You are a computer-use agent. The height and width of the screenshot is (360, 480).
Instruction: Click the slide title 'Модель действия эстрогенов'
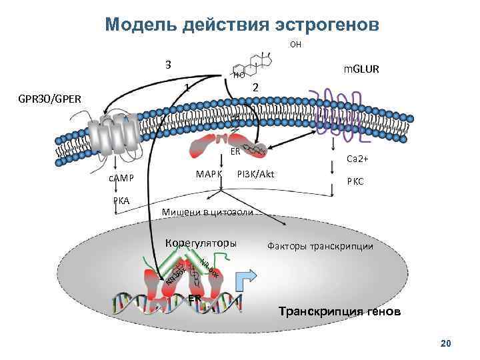(x=242, y=25)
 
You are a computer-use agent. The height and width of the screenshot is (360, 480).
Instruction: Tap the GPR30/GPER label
(x=50, y=99)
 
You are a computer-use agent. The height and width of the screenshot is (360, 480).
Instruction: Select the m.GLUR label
(x=361, y=69)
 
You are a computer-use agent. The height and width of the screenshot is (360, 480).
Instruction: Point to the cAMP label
(x=122, y=177)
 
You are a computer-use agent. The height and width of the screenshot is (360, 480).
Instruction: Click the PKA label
(x=121, y=200)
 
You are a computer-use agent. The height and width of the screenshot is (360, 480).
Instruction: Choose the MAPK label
(x=209, y=175)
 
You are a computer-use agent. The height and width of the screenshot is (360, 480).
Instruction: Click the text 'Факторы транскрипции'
(x=320, y=246)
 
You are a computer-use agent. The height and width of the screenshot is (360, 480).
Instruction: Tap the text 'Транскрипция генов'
(x=339, y=311)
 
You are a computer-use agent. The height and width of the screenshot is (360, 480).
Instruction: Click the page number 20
(x=446, y=343)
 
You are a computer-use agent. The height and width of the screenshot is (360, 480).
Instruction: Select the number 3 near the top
(x=169, y=65)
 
